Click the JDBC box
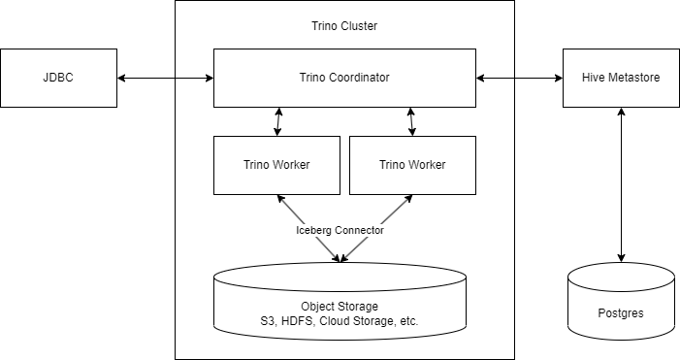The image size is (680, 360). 58,78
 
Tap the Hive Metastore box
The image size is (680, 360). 621,78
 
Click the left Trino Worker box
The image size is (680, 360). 276,165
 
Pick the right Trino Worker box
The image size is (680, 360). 412,165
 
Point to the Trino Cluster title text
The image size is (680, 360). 344,26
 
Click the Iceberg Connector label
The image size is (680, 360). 340,231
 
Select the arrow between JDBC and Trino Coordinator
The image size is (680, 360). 165,78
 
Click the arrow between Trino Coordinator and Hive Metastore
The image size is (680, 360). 519,78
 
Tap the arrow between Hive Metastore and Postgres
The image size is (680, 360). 621,184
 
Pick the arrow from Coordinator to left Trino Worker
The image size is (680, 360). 278,121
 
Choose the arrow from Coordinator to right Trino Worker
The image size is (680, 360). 411,121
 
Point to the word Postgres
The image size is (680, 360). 621,314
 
